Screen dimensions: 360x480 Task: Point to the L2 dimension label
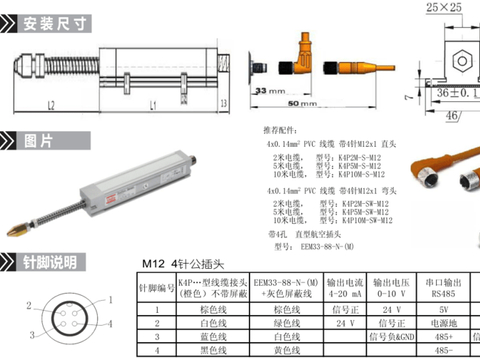point(50,104)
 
